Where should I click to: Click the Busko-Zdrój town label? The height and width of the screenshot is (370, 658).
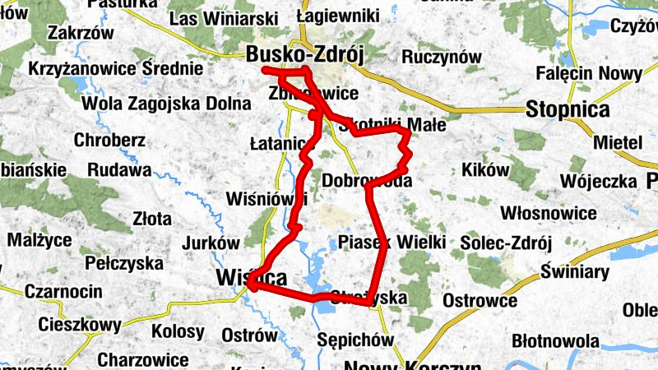coord(304,54)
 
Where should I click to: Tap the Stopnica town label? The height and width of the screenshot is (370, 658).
coord(568,109)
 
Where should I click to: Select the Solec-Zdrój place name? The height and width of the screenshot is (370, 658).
coord(506,243)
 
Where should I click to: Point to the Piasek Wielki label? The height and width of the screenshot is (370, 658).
coord(392,242)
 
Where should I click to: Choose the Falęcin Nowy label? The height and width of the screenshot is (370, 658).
coord(588,74)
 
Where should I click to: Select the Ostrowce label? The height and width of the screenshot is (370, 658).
coord(480,300)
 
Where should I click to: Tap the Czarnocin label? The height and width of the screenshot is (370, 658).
coord(63,291)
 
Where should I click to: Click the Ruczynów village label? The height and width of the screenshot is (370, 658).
coord(441,57)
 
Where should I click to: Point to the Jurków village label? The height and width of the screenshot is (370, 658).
coord(210,243)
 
